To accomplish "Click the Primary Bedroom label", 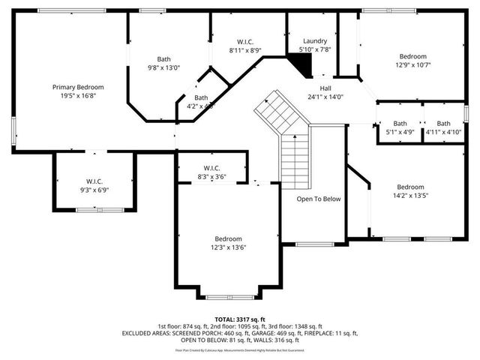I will click(78, 87).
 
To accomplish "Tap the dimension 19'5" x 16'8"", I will click(78, 95).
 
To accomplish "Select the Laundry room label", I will click(315, 40).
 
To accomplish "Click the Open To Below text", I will click(318, 199).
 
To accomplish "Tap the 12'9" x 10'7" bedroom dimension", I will click(412, 64).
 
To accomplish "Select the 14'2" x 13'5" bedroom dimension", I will click(410, 195).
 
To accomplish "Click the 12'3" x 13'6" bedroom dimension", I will click(228, 247).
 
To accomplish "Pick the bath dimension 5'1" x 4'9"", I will click(400, 132).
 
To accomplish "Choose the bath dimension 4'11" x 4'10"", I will click(443, 132).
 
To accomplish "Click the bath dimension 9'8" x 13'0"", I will click(164, 67).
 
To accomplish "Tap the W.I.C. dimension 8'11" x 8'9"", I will click(245, 49).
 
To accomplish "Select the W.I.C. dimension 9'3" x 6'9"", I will click(94, 190).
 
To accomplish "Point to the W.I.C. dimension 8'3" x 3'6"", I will click(211, 176).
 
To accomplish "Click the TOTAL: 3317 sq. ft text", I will click(240, 319).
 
